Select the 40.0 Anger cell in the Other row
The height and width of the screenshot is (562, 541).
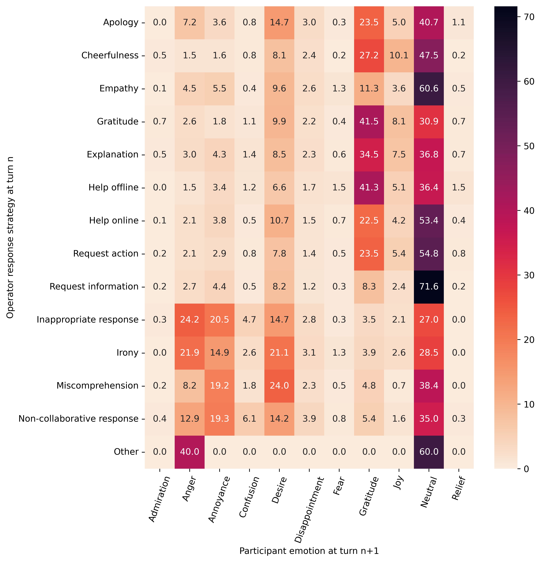[190, 452]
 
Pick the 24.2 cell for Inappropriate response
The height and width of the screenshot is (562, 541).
[190, 319]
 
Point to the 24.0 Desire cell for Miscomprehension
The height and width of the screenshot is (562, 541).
[279, 385]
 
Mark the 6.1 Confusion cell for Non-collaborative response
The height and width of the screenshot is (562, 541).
[249, 419]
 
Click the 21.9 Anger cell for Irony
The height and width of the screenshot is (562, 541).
[190, 352]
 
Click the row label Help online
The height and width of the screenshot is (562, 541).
[114, 221]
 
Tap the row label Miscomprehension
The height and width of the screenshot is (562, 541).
[98, 385]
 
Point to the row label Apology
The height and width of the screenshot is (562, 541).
[121, 22]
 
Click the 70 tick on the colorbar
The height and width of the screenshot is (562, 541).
[527, 17]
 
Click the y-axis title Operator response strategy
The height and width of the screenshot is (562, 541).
[10, 237]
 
